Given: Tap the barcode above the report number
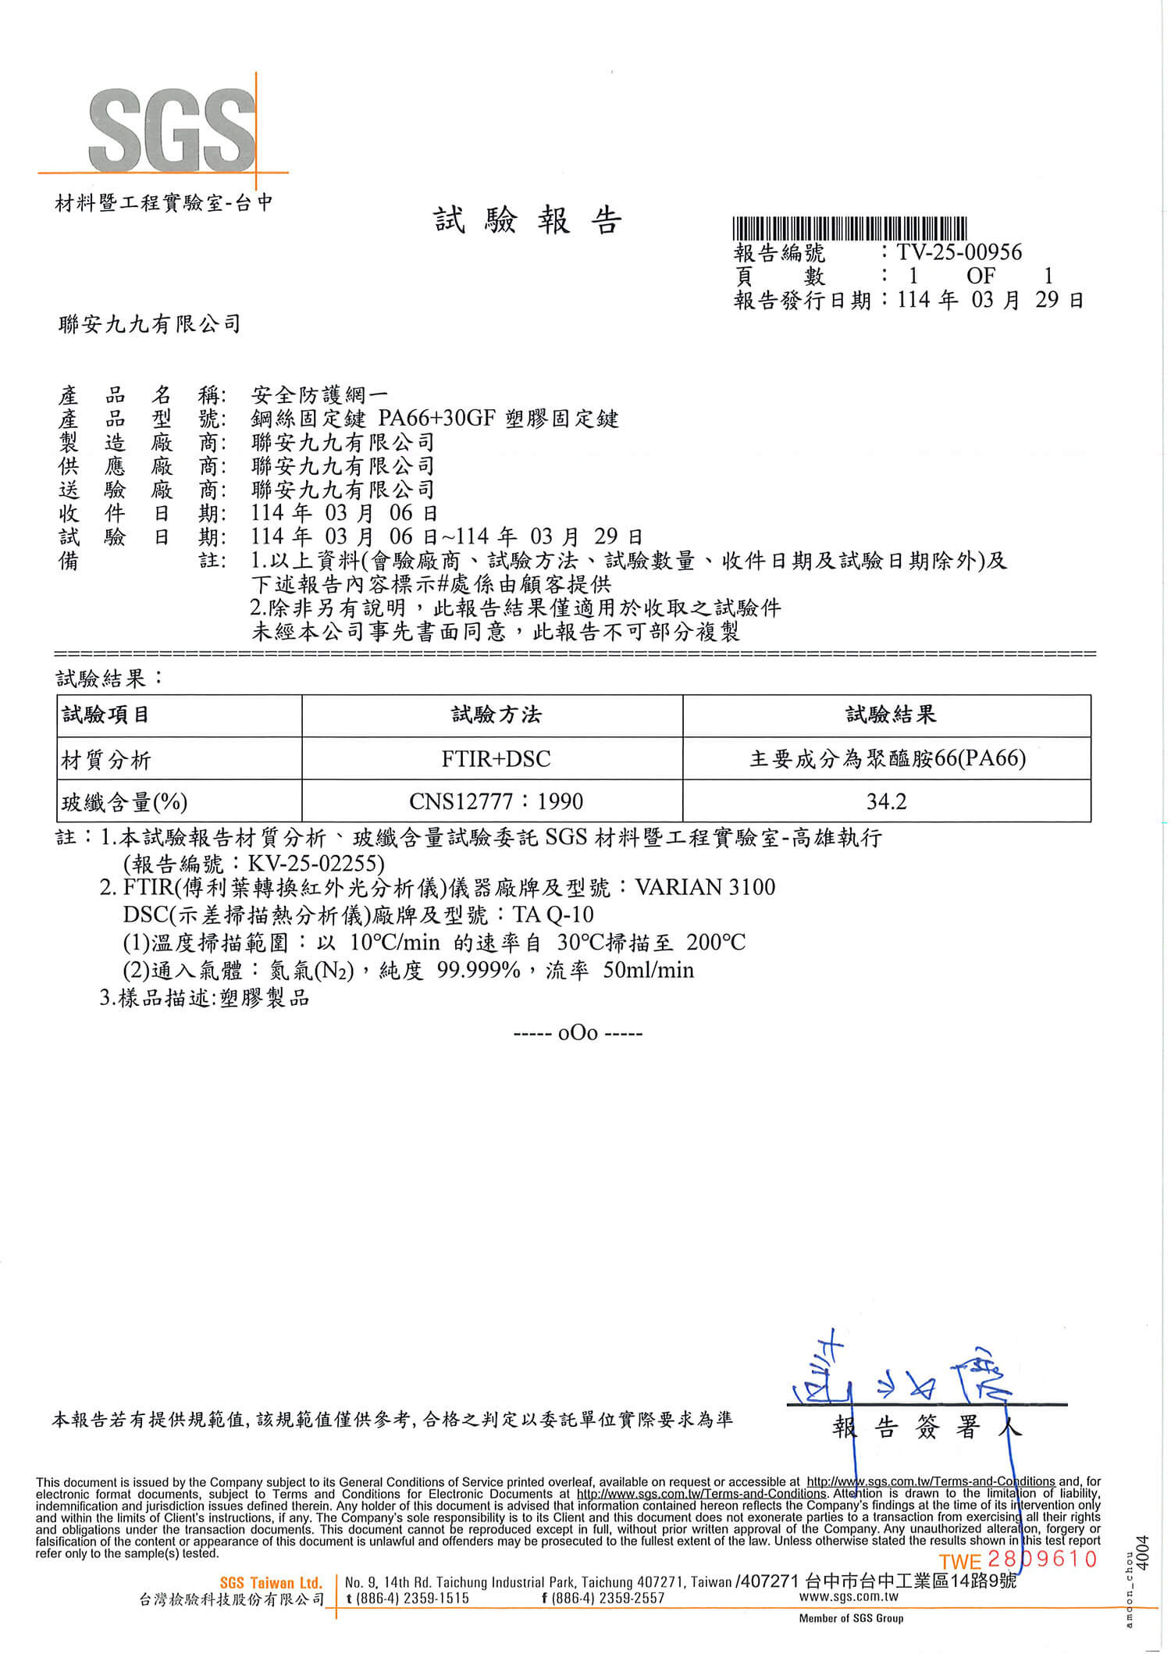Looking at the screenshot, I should point(849,229).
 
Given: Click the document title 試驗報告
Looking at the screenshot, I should point(528,222).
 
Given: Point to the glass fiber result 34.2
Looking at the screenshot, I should point(886,801).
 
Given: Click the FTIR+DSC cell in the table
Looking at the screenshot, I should point(496,758).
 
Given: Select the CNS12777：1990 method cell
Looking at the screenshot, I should point(496,801).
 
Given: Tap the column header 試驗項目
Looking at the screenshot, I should point(105,715).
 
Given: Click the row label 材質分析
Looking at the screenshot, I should point(105,759).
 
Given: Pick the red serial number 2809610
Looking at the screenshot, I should point(1042,1560).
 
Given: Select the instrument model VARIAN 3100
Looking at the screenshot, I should point(706,887).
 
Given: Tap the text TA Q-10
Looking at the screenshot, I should point(553,914).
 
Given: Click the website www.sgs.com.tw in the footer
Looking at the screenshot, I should point(849,1597).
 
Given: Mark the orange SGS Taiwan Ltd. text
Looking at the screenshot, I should point(271,1583).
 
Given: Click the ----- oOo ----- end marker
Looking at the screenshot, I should point(578,1034).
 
